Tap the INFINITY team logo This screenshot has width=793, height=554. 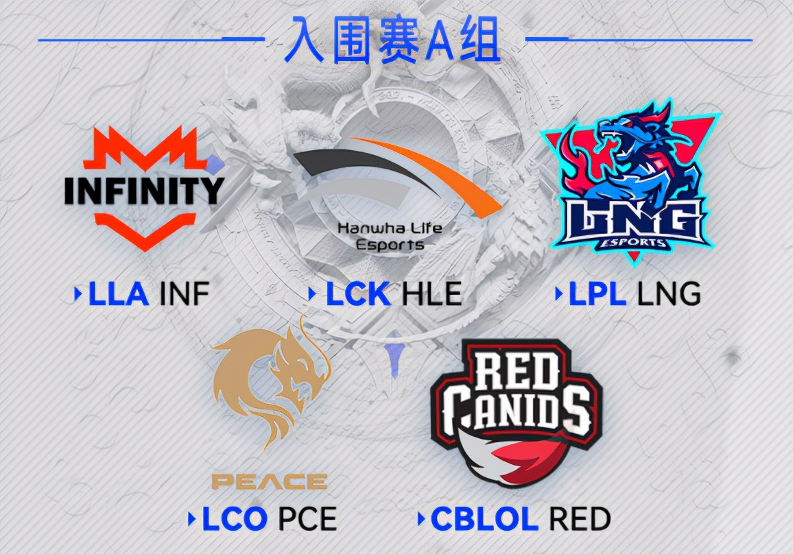(x=145, y=186)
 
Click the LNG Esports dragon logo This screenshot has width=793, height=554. (x=630, y=182)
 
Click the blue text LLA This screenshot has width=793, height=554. (x=119, y=294)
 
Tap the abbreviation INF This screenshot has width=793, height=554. (x=183, y=294)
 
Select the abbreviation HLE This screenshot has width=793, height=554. (x=431, y=294)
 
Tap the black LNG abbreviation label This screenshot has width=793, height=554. (x=669, y=294)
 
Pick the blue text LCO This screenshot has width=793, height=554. (x=234, y=519)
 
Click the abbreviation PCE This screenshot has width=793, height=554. (x=307, y=519)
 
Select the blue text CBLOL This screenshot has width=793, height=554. (x=484, y=519)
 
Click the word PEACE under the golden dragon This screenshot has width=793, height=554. (x=269, y=481)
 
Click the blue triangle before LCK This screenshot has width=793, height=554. (x=312, y=295)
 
